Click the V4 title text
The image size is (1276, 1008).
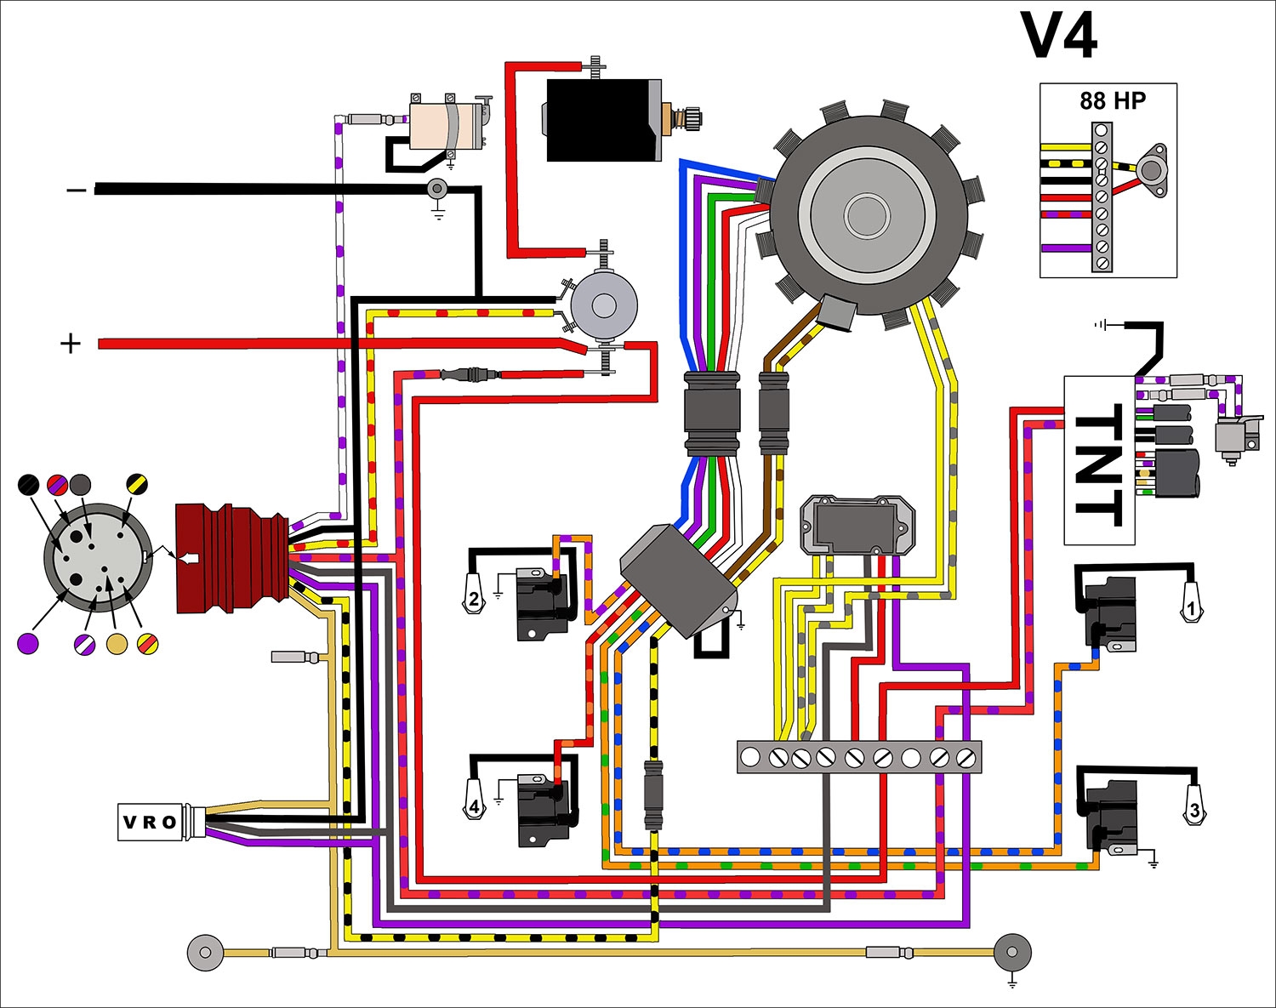1059,36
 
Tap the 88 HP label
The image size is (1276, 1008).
1112,101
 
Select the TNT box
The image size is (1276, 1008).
1099,460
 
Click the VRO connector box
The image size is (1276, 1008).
151,822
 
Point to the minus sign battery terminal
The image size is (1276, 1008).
77,190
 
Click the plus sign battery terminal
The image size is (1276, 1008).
71,344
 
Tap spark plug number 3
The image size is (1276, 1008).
1194,808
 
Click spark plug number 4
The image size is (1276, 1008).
474,805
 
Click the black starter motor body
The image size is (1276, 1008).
603,120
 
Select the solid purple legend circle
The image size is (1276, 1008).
28,643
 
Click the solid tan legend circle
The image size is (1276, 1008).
117,644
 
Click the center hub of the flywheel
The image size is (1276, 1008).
867,214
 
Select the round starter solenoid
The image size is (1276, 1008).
603,305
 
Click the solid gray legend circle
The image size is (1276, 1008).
80,485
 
